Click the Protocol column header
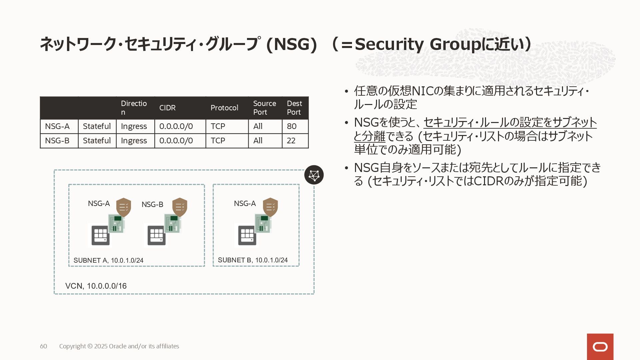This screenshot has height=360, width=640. click(x=224, y=108)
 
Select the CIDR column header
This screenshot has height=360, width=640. click(x=167, y=108)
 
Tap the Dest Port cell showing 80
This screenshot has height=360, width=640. click(x=292, y=126)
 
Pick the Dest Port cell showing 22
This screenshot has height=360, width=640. click(x=291, y=141)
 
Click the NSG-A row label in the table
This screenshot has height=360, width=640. click(x=57, y=126)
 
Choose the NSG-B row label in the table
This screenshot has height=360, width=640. click(x=57, y=141)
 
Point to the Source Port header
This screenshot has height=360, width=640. click(x=264, y=108)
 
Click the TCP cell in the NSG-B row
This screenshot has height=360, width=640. click(x=218, y=141)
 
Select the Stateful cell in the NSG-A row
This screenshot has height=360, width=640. click(x=97, y=126)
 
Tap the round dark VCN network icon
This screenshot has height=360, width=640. click(x=314, y=175)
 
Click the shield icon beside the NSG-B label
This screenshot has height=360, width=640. click(x=180, y=207)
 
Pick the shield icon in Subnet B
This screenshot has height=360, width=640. click(x=270, y=207)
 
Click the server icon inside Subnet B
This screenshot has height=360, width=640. click(x=247, y=235)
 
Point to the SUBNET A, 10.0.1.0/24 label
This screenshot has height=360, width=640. click(x=108, y=260)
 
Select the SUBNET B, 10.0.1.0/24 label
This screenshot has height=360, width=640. click(x=253, y=260)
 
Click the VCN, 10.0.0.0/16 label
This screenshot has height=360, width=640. click(x=96, y=286)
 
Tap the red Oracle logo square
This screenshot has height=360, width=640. click(x=600, y=347)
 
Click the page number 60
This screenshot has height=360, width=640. click(x=43, y=346)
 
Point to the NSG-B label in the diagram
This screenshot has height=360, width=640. click(x=152, y=204)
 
